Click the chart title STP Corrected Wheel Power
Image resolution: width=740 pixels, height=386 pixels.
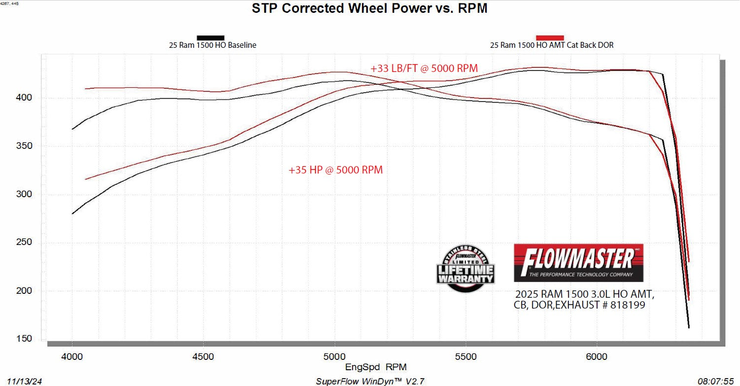point(369,8)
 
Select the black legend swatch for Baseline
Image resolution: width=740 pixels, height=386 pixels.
point(211,37)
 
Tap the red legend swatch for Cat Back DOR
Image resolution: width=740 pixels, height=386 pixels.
point(550,37)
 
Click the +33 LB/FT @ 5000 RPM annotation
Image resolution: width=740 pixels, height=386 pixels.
point(424,69)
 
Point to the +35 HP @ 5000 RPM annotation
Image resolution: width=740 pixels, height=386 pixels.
point(335,170)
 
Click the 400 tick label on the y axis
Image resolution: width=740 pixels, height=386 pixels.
point(25,98)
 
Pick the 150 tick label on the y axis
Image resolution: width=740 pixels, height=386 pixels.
point(25,339)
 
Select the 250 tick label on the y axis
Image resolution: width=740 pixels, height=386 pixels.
point(25,242)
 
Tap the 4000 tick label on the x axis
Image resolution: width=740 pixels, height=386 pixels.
point(72,356)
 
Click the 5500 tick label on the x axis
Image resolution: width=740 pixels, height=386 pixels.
point(466,356)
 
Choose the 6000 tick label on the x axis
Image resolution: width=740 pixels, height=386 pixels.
point(597,356)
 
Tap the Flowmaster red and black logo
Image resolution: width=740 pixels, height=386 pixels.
point(578,262)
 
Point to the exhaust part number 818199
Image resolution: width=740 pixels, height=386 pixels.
point(627,306)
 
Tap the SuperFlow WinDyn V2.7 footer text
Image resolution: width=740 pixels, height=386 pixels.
point(369,381)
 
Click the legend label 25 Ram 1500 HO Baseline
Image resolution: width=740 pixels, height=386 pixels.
point(212,45)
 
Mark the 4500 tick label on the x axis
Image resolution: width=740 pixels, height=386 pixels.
point(204,356)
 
